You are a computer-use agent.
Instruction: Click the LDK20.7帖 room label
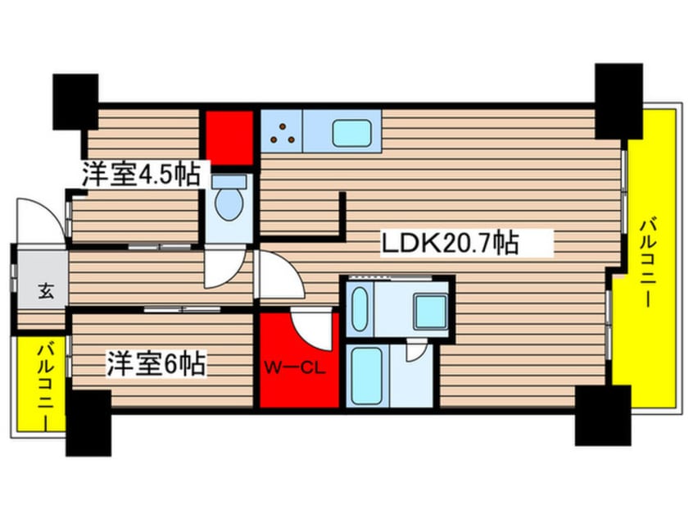coord(449,244)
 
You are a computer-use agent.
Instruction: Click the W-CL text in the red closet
coord(294,367)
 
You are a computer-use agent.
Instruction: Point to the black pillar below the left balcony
coord(88,422)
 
